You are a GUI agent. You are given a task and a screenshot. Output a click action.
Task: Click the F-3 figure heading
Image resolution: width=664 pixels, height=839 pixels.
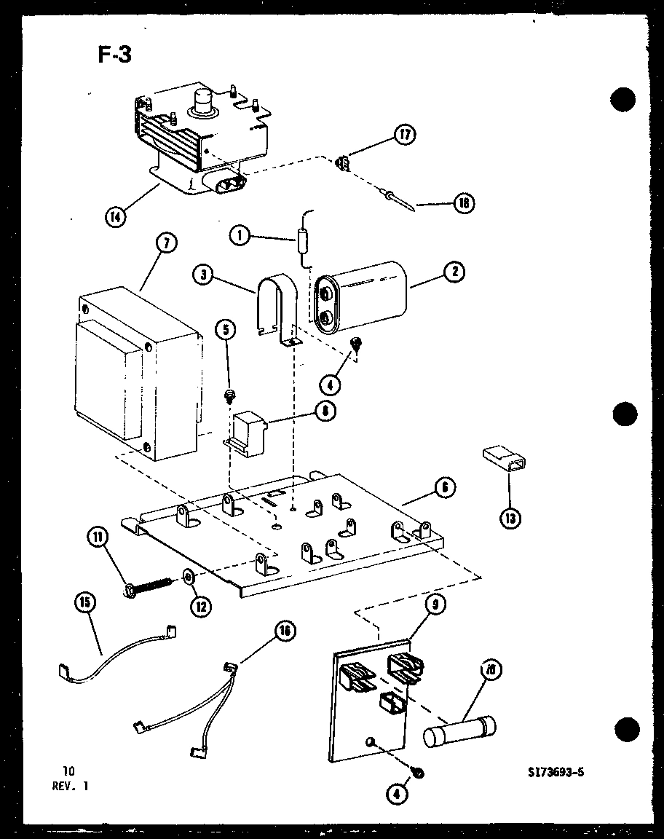pos(114,54)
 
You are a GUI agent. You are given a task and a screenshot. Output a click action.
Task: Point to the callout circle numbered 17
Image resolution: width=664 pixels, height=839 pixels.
pos(405,135)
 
